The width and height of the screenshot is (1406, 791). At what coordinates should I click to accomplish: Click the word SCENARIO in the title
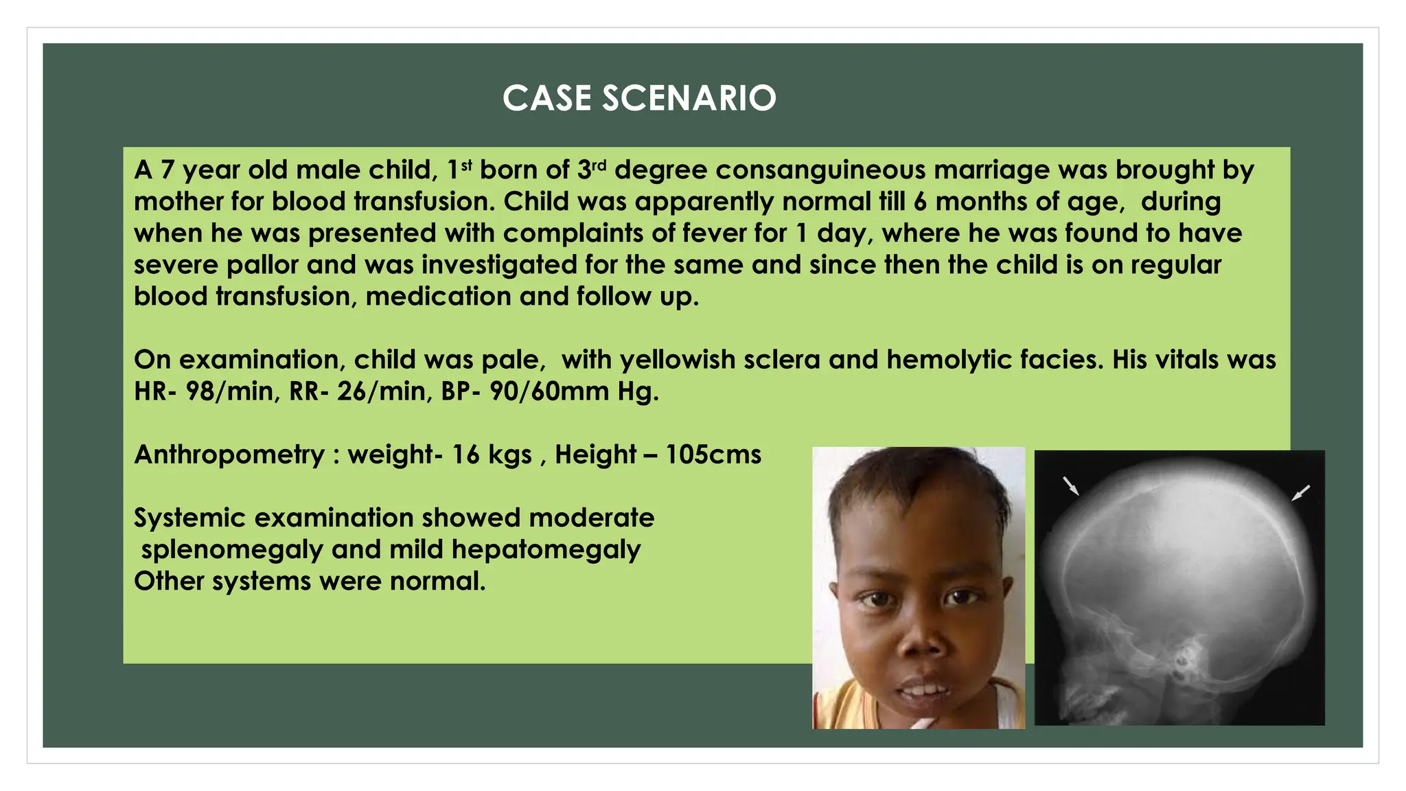689,98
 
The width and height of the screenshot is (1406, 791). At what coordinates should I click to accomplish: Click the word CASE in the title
546,98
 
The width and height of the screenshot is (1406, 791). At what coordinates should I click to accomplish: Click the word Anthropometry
229,455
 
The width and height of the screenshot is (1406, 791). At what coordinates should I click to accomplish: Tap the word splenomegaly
232,549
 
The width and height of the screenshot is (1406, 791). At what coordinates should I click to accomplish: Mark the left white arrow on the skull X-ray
1070,485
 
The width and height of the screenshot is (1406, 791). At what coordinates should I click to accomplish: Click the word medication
438,297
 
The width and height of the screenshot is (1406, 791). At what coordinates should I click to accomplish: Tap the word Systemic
189,518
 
